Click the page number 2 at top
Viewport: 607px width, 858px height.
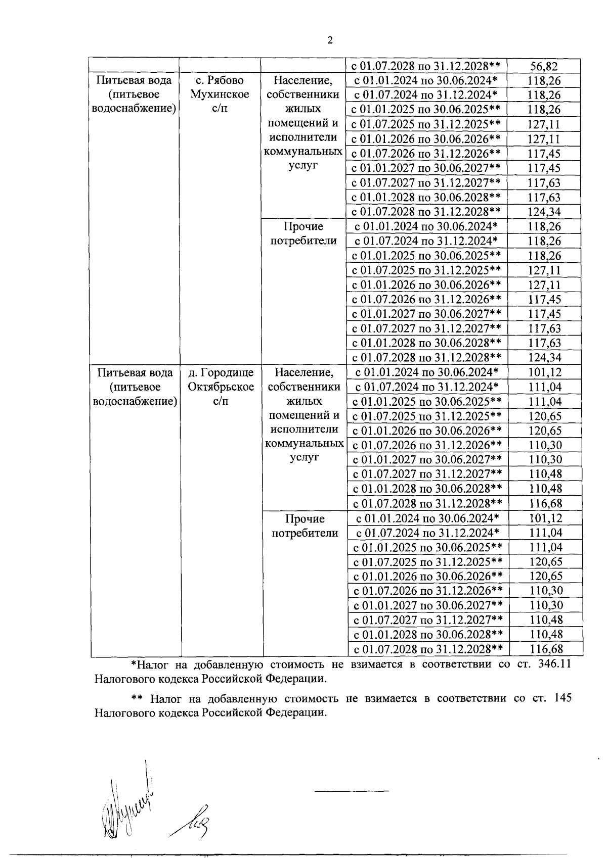(x=330, y=40)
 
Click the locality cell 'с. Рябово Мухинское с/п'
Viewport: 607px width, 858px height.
(x=220, y=94)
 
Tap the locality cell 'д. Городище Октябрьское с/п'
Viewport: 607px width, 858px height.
(x=221, y=387)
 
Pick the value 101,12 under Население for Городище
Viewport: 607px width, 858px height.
(x=545, y=373)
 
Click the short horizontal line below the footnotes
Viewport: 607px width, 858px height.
(x=352, y=790)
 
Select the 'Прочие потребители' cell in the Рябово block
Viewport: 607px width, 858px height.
(x=303, y=233)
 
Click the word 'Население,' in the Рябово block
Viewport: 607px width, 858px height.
(x=303, y=80)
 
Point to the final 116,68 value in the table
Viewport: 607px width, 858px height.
(x=546, y=649)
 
